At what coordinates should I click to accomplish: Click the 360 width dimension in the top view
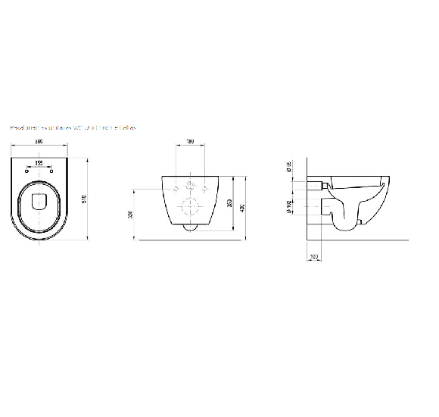point(37,143)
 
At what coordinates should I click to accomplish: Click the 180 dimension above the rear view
point(191,142)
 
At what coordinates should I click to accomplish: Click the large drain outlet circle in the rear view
point(190,205)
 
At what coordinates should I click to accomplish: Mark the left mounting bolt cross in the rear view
point(176,187)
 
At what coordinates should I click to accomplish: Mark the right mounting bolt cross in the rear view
point(204,187)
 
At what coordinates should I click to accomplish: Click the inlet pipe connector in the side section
point(320,185)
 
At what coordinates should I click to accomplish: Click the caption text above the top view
point(73,129)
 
